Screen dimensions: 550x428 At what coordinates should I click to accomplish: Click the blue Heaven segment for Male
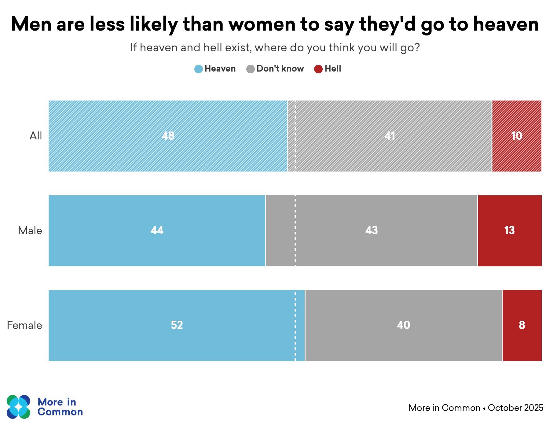coord(157,231)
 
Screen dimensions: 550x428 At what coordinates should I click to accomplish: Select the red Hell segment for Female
coord(522,326)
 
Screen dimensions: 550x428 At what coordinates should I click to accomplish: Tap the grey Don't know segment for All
coord(390,136)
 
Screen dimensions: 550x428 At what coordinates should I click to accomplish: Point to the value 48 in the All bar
coord(168,136)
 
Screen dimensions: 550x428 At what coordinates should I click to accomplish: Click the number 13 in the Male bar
coord(509,230)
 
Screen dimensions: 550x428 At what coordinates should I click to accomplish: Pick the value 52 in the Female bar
coord(177,325)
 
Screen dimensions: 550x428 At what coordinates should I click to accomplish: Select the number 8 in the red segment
coord(522,325)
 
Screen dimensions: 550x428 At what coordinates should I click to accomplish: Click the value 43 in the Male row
coord(372,230)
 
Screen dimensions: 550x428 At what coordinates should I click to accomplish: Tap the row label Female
coord(24,325)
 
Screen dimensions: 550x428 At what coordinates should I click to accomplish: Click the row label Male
coord(30,231)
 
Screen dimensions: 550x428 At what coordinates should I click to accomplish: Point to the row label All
coord(36,136)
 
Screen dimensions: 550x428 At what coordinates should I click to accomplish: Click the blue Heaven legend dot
coord(199,69)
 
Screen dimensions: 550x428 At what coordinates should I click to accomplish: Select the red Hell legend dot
coord(318,69)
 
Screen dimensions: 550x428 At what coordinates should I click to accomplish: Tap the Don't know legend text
coord(280,68)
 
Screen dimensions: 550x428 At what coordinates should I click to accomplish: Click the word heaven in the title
coord(506,24)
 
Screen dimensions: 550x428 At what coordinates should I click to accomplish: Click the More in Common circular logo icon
coord(19,407)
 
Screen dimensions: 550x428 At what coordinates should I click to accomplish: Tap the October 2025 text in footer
coord(515,408)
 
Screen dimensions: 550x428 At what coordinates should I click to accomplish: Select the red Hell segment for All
coord(517,136)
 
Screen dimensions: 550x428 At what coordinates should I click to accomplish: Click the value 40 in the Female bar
coord(404,325)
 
